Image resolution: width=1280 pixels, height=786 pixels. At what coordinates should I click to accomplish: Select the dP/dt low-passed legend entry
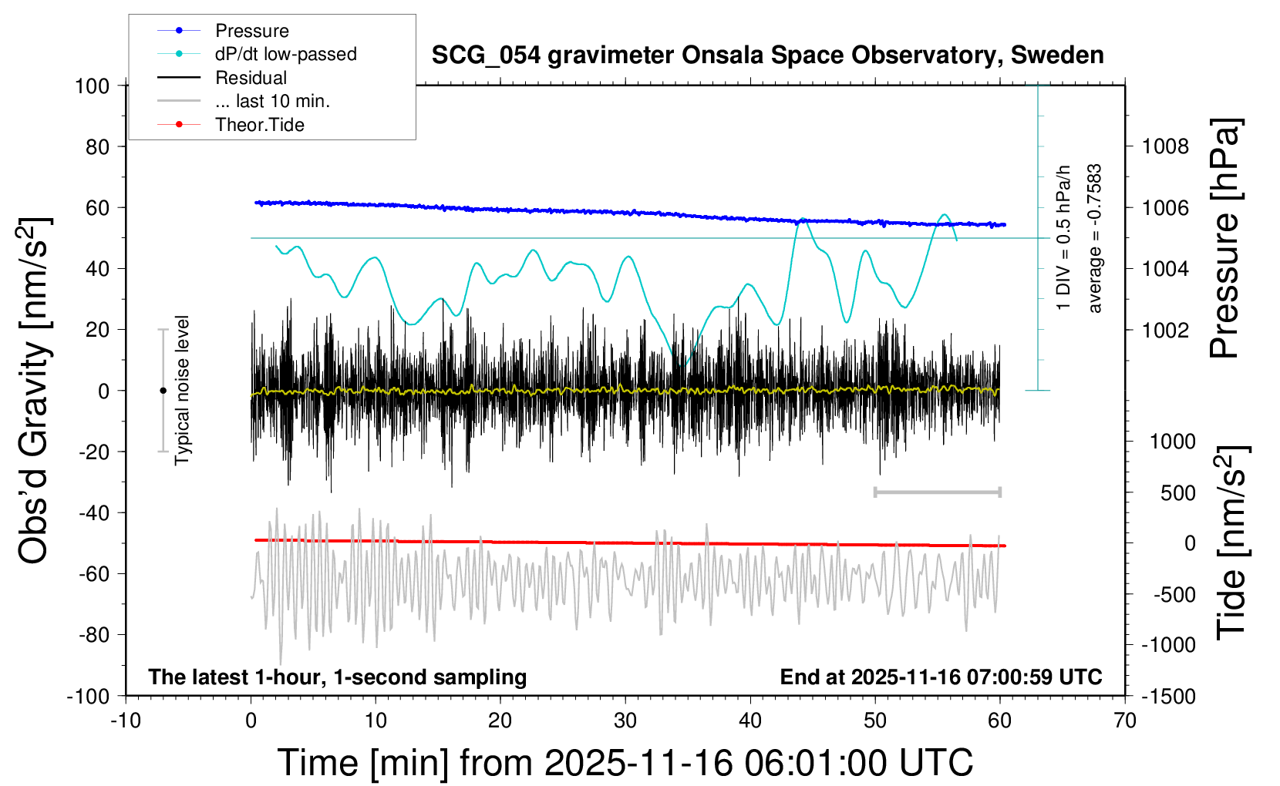[x=285, y=54]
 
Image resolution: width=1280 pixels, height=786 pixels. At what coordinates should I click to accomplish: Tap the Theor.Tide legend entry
[x=259, y=125]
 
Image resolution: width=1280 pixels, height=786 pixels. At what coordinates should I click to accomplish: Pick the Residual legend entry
[x=251, y=78]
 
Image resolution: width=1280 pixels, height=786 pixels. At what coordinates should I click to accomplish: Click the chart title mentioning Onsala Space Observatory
[x=767, y=55]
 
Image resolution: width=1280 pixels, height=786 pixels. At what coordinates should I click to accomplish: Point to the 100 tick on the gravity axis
[x=92, y=86]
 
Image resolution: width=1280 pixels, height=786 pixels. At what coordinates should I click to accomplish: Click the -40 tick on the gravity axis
[x=93, y=512]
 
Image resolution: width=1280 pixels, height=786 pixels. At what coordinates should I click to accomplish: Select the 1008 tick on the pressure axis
[x=1165, y=146]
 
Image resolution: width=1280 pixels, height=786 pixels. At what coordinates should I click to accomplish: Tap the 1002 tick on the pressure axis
[x=1165, y=330]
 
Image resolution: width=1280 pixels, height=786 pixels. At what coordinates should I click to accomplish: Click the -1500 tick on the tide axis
[x=1168, y=697]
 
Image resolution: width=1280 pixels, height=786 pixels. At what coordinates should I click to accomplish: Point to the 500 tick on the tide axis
[x=1177, y=493]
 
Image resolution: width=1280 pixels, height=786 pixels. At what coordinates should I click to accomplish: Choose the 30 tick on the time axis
[x=625, y=721]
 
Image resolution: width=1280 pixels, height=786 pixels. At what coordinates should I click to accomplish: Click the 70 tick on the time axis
[x=1125, y=721]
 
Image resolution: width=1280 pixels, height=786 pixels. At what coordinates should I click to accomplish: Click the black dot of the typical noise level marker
[x=163, y=391]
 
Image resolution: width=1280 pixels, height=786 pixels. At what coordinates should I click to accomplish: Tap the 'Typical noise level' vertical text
[x=182, y=390]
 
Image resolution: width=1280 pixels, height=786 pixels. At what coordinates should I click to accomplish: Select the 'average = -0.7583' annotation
[x=1094, y=239]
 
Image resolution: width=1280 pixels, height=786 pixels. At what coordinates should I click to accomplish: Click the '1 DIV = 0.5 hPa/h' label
[x=1064, y=237]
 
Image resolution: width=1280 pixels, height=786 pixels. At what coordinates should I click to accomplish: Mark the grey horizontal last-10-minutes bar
[x=937, y=492]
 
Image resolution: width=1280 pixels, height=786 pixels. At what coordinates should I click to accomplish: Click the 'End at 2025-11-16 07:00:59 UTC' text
[x=941, y=677]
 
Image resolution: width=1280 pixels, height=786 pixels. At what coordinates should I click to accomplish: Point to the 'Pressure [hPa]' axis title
[x=1224, y=239]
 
